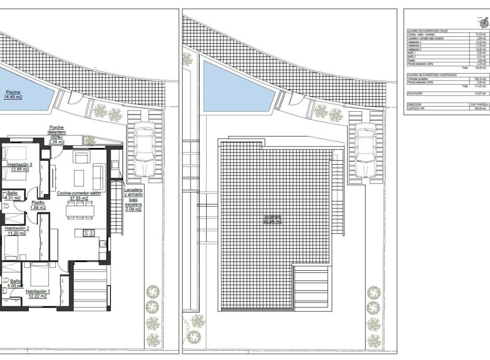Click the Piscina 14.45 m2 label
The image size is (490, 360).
13,94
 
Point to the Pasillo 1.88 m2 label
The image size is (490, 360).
38,205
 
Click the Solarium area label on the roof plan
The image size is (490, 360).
272,219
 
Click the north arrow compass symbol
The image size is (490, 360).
481,21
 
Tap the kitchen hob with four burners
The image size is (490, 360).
89,233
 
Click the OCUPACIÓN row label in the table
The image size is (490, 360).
415,92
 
